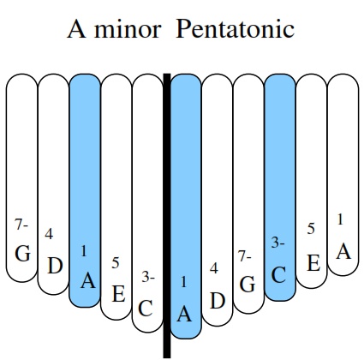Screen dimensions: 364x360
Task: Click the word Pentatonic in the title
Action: tap(235, 28)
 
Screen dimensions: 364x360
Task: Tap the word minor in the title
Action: tap(128, 29)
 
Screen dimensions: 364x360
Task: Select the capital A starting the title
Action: tap(77, 28)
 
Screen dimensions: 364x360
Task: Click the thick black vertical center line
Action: tap(167, 216)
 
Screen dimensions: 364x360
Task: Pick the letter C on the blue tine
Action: tap(278, 275)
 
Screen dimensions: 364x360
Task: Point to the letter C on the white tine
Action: tap(146, 309)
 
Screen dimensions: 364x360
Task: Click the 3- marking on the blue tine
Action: tap(277, 243)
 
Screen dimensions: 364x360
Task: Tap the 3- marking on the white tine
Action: tap(148, 277)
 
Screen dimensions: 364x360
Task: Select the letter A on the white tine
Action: tap(343, 252)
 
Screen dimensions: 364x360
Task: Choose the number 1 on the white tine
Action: tap(340, 219)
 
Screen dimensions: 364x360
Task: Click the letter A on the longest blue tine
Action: tap(184, 315)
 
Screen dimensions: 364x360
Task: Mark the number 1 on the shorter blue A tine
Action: tap(84, 251)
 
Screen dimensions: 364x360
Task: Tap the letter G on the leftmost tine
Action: tap(22, 254)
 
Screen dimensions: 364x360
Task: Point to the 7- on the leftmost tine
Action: tap(21, 225)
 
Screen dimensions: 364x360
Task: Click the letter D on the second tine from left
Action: tap(55, 266)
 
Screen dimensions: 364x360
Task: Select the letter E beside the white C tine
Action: tap(118, 294)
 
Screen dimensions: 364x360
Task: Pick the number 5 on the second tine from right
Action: tap(311, 229)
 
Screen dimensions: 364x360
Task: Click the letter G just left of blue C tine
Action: tap(248, 285)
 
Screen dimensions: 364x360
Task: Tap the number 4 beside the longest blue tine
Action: tap(214, 268)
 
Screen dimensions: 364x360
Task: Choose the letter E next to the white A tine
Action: tap(313, 263)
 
